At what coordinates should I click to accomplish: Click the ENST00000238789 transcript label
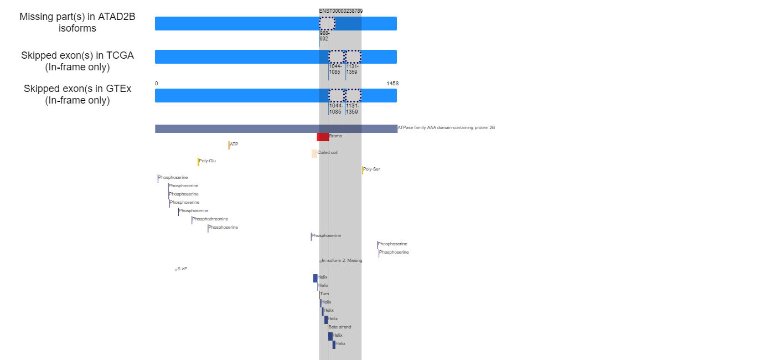[x=341, y=11]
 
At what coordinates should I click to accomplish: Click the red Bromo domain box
[x=323, y=137]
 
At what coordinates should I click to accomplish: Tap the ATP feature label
[x=234, y=144]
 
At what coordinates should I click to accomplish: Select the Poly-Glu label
[x=208, y=161]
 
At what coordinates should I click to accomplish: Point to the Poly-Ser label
[x=371, y=169]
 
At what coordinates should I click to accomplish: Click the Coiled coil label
[x=327, y=152]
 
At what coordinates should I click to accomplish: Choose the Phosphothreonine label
[x=210, y=219]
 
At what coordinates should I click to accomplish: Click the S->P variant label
[x=182, y=269]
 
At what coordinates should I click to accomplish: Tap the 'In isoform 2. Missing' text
[x=342, y=260]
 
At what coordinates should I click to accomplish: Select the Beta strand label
[x=340, y=327]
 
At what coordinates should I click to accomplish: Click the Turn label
[x=324, y=294]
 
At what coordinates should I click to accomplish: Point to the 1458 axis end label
[x=392, y=84]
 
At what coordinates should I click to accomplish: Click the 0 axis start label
[x=156, y=84]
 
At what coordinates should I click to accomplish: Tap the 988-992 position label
[x=324, y=36]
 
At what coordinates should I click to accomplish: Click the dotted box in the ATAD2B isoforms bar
[x=327, y=23]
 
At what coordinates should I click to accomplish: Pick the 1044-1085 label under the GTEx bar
[x=335, y=109]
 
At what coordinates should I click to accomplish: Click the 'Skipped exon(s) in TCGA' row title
[x=77, y=61]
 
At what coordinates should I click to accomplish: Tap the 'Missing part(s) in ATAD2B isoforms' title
[x=77, y=22]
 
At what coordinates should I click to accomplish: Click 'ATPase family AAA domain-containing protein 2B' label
[x=446, y=127]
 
